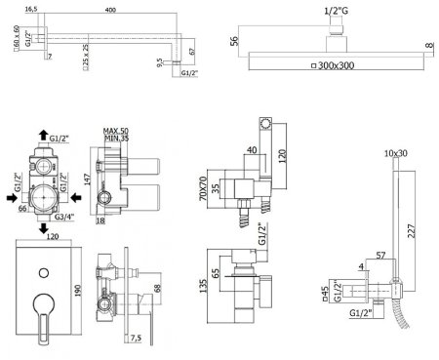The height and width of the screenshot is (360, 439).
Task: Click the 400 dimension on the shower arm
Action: point(110,10)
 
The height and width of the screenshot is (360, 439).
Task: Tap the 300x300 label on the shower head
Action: point(336,65)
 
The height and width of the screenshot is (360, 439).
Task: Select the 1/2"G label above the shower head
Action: point(337,11)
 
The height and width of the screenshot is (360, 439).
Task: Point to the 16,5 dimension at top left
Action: point(31,9)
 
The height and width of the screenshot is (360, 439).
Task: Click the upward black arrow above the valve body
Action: point(43,135)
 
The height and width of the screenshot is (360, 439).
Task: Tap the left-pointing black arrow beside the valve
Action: point(76,197)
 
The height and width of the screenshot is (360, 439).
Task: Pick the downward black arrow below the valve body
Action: point(44,228)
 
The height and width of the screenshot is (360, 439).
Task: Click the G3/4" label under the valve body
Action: point(64,217)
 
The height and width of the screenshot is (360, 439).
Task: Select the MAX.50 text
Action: point(116,131)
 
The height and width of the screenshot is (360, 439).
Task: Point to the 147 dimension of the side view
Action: point(88,180)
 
